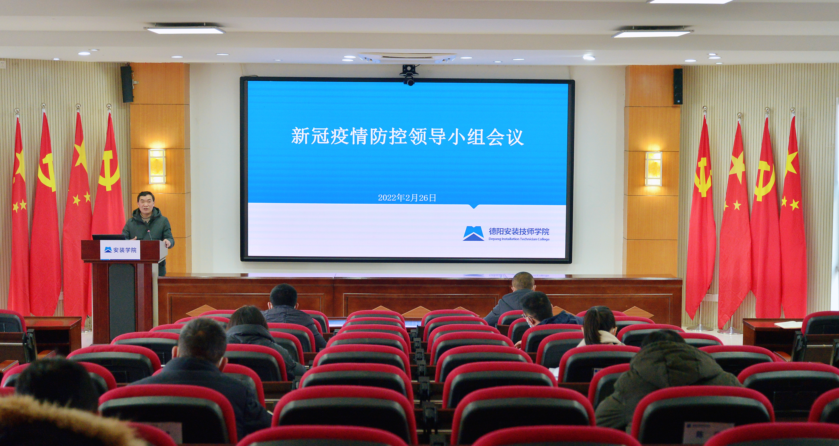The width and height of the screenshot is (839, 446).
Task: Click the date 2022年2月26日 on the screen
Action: (407, 198)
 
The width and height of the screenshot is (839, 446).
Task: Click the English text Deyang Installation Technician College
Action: (519, 239)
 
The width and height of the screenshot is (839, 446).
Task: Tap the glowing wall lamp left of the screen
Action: (157, 166)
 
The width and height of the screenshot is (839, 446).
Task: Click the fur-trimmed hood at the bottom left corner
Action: (59, 423)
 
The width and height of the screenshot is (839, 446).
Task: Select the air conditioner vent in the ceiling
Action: (407, 58)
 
